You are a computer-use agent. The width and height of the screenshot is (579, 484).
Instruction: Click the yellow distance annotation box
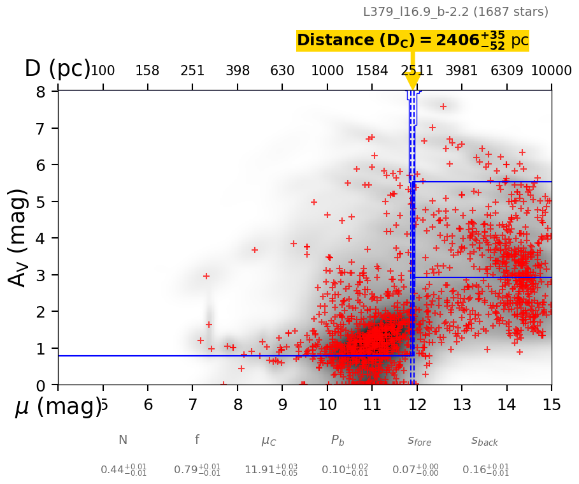point(413,41)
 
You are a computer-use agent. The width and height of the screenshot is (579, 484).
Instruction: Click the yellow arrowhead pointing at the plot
point(412,81)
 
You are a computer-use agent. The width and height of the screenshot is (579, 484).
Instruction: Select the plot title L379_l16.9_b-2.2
point(455,12)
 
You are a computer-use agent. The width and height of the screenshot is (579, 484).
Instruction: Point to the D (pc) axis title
point(57,69)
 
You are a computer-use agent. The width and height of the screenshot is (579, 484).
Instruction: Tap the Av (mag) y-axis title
point(19,237)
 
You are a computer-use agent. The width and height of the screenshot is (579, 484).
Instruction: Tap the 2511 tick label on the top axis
point(417,71)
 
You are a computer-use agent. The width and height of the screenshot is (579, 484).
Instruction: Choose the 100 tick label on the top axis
point(103,71)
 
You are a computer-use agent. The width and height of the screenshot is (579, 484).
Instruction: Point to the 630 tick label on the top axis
point(282,71)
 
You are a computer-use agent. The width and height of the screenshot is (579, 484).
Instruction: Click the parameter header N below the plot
point(123,440)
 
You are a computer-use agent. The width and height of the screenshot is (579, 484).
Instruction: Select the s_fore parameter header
point(419,441)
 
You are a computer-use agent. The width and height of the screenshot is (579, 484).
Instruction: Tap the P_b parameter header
point(338,440)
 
